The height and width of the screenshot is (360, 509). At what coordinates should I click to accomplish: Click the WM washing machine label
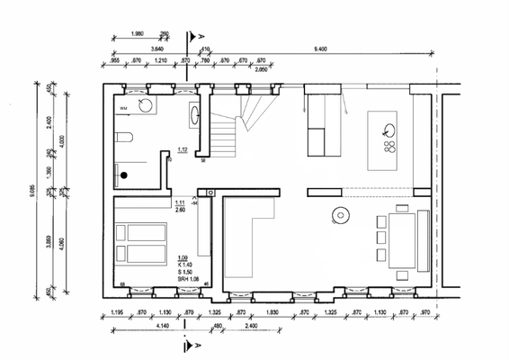124,107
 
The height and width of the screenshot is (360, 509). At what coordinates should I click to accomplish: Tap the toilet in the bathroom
125,139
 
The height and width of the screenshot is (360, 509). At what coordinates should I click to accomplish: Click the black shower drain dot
125,175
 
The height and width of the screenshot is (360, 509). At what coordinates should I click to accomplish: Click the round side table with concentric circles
341,214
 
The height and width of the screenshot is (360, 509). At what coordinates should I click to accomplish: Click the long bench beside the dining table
423,239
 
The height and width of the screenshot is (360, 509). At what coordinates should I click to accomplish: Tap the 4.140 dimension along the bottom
137,325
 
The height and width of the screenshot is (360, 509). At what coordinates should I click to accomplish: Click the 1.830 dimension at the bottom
272,312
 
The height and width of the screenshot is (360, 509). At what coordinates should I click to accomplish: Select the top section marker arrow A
190,40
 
